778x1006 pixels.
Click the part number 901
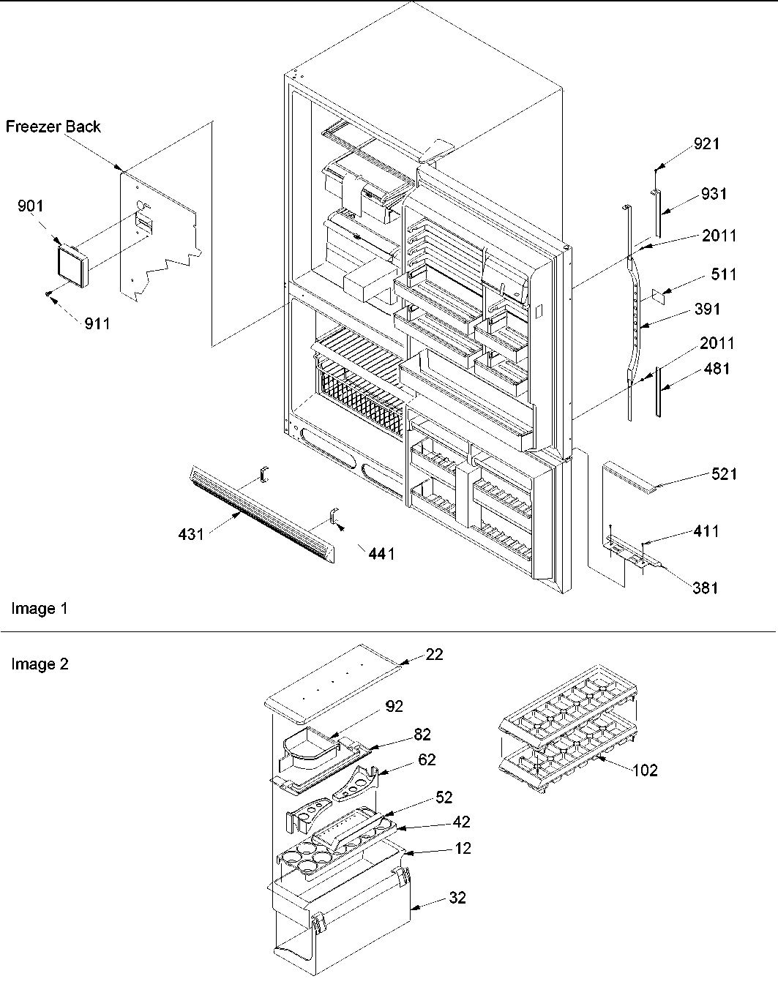point(31,206)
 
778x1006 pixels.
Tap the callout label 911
point(96,323)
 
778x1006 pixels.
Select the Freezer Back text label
point(53,127)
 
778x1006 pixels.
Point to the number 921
point(706,144)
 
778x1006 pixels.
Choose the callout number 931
point(714,194)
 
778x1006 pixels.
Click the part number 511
point(723,274)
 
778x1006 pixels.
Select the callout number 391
point(707,309)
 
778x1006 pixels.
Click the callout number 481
point(717,369)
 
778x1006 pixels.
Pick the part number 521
point(723,474)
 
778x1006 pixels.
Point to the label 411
point(706,531)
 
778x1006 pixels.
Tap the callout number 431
point(191,535)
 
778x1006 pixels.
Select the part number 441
point(381,554)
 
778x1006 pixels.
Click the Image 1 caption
point(39,609)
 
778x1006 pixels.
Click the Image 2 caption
point(40,664)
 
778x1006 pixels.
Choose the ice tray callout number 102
point(644,770)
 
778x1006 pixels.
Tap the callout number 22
point(434,654)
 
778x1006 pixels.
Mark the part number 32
point(457,898)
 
